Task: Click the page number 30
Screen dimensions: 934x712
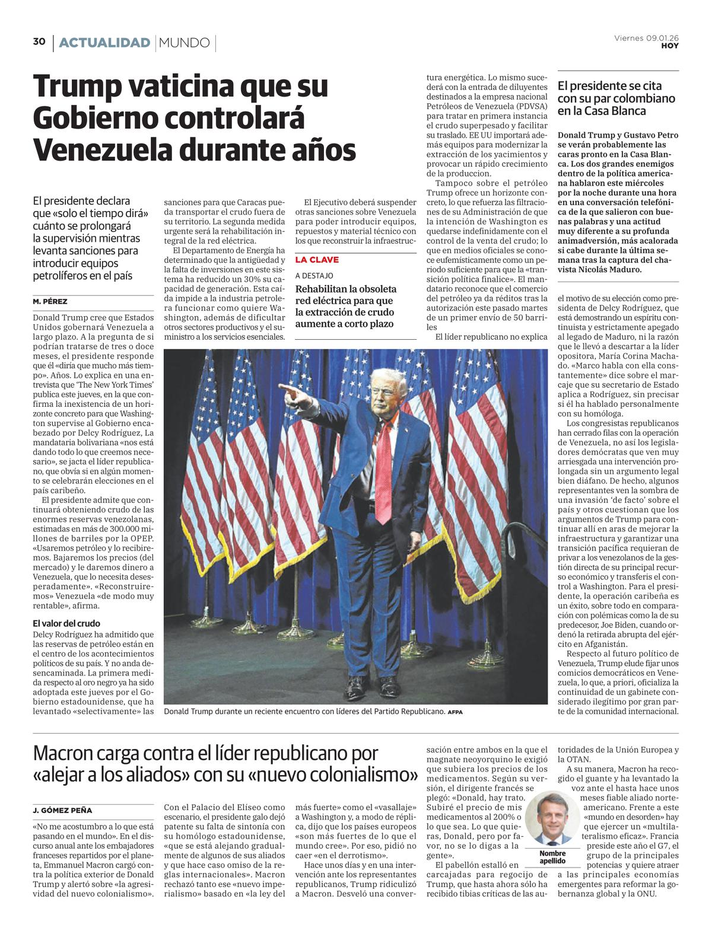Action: tap(39, 42)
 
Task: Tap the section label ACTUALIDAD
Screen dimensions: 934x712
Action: tap(104, 43)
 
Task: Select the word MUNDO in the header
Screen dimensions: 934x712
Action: tap(185, 43)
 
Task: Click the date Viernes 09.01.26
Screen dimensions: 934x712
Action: tap(646, 38)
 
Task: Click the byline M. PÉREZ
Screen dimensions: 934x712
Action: tap(50, 301)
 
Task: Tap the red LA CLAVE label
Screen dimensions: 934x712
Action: tap(317, 260)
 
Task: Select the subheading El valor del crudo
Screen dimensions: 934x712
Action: tap(66, 623)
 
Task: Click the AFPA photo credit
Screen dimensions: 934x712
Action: tap(455, 712)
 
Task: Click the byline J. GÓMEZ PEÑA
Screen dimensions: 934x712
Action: tap(62, 810)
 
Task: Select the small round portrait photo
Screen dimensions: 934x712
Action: tap(548, 818)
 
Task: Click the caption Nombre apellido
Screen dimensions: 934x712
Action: tap(552, 857)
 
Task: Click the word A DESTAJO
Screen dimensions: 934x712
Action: tap(314, 276)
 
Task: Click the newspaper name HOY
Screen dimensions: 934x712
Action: tap(670, 46)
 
